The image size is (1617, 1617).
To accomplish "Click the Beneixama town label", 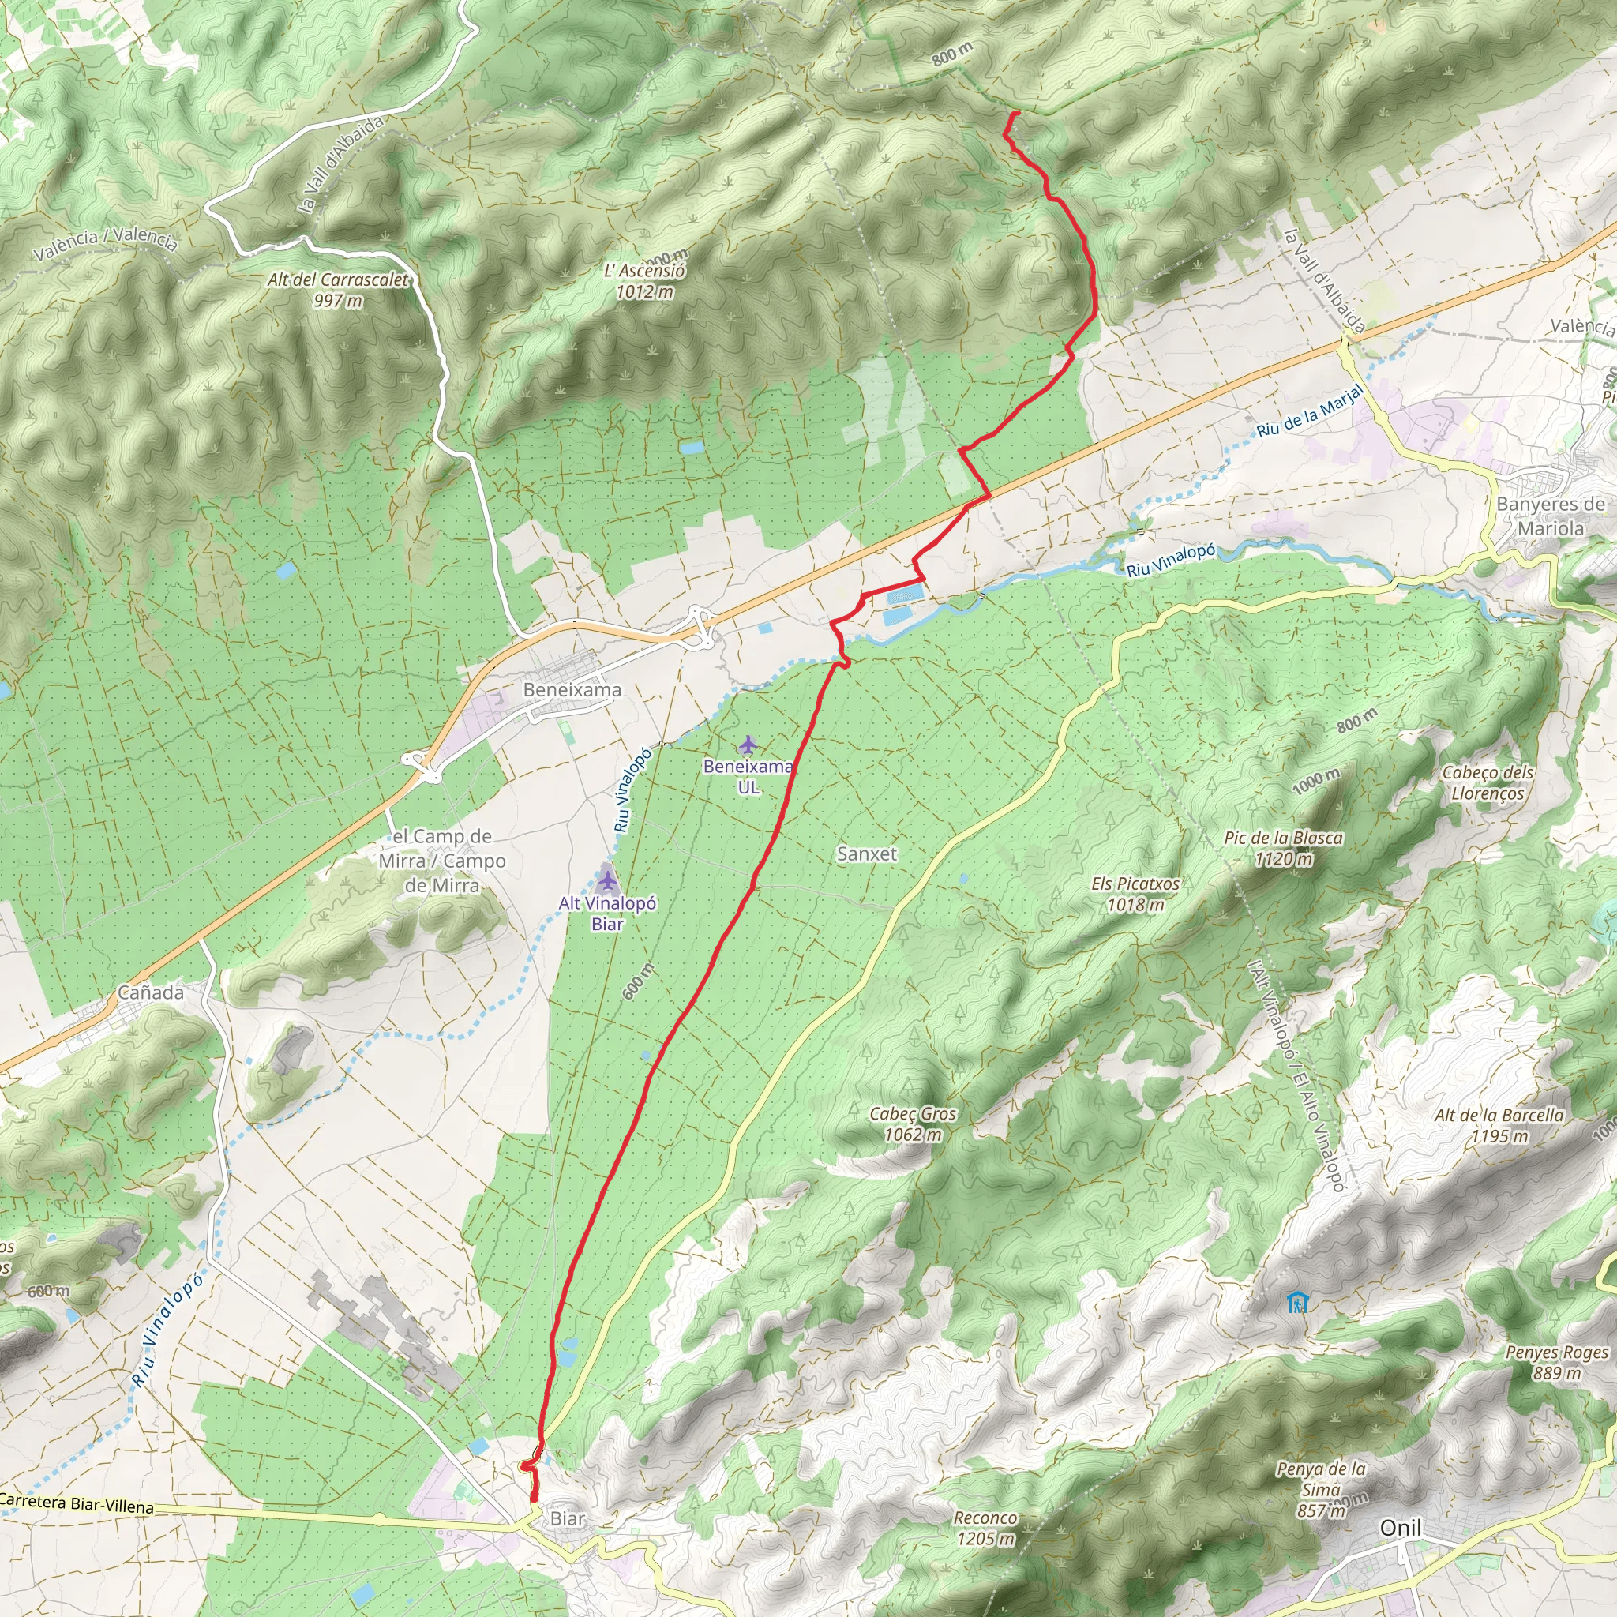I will [572, 689].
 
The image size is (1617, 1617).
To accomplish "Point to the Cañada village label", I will [150, 992].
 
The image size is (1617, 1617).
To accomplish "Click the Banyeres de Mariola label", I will [1550, 516].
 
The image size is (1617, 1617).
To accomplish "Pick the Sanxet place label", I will [866, 854].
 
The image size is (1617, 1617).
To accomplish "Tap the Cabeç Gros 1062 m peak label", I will [912, 1124].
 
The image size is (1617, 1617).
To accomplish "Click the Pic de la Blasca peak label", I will [1283, 848].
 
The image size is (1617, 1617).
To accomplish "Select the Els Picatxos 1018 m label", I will [1135, 894].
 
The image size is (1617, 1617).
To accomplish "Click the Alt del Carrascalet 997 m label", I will [338, 290].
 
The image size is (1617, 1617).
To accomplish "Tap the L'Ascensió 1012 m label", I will [644, 281].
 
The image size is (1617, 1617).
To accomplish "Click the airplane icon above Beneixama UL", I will [748, 744].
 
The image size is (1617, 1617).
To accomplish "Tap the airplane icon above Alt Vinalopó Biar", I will [608, 880].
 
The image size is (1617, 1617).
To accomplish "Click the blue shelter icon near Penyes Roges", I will [1298, 1302].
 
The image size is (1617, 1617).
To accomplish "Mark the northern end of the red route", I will [1016, 113].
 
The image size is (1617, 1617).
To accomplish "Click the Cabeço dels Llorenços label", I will [1488, 782].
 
